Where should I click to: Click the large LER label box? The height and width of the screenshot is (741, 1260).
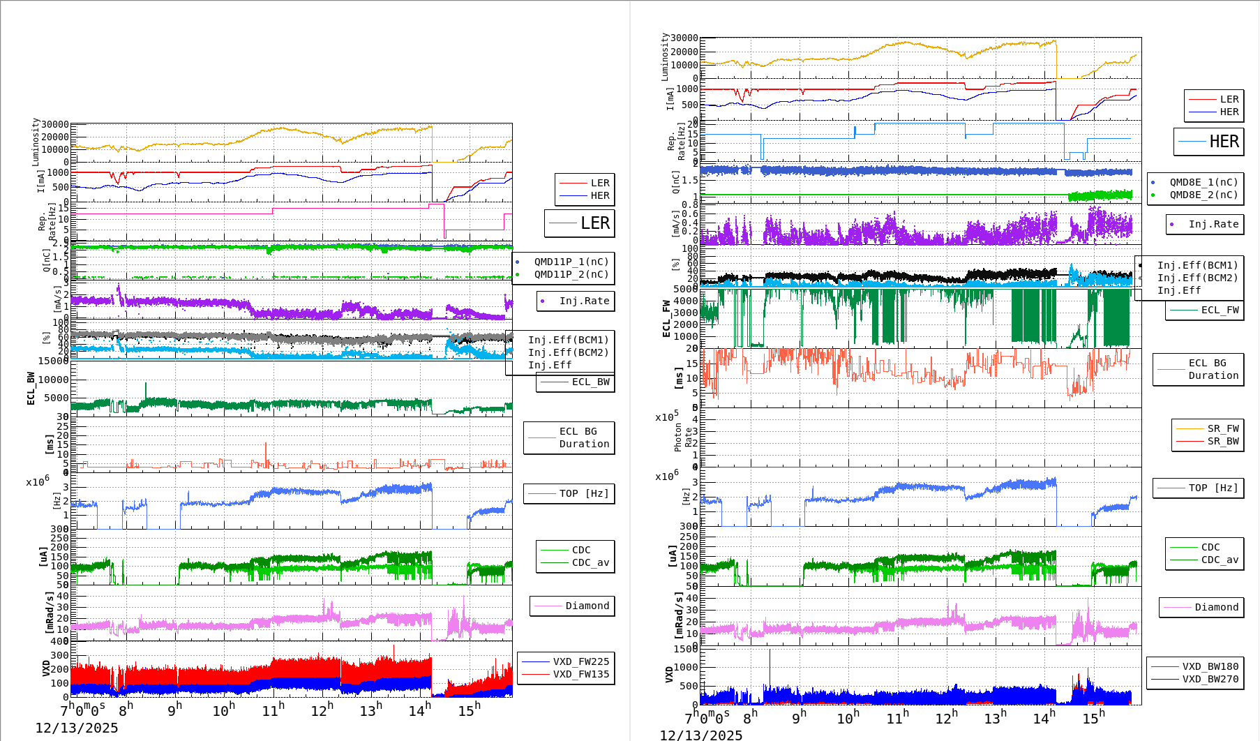580,223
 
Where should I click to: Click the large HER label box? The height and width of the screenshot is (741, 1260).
1209,142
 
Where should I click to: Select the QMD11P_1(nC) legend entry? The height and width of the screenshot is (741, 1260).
571,262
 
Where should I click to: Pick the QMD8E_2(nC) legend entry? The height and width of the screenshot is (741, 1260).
1203,195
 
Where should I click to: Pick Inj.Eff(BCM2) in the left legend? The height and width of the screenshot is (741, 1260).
568,352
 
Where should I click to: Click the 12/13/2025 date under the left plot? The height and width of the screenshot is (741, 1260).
77,728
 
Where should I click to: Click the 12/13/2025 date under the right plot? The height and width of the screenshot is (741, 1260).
701,735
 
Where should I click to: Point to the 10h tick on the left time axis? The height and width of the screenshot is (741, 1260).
224,710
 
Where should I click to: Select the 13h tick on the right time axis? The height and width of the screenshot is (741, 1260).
995,717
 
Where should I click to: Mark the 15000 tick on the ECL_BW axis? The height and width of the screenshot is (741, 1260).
53,361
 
